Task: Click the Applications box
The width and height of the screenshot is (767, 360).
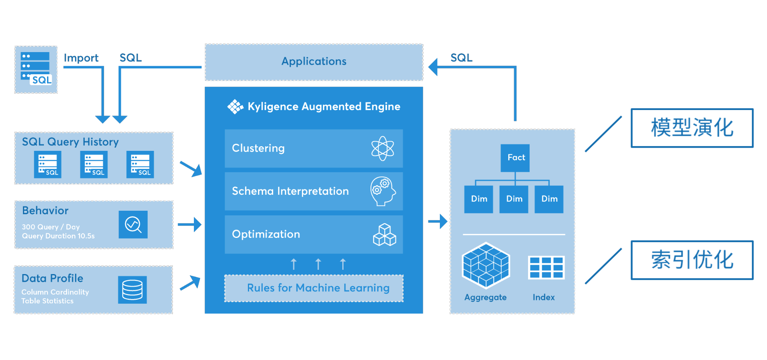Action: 314,62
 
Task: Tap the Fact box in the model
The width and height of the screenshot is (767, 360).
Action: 515,158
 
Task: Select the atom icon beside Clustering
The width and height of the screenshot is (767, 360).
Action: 383,148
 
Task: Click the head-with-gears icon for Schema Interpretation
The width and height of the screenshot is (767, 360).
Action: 383,191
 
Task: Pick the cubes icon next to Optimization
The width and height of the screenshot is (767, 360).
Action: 384,234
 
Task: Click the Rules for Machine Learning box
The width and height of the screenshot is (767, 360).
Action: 314,288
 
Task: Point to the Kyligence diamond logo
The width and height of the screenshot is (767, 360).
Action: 235,107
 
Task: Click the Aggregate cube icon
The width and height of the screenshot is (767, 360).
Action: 486,266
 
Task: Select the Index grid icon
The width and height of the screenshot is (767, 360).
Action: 546,267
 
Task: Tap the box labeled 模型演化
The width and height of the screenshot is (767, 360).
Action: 692,128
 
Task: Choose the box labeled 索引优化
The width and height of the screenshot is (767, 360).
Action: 692,260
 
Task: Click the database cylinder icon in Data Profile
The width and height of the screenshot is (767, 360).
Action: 132,290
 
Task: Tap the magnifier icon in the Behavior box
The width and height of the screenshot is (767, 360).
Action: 133,224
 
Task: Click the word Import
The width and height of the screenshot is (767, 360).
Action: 81,58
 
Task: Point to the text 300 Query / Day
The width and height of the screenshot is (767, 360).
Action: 51,227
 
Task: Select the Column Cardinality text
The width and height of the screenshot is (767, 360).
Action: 55,292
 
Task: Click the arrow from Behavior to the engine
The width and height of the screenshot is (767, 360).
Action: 190,224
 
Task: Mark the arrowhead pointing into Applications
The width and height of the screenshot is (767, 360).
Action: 433,67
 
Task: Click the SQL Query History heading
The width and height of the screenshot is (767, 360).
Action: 70,142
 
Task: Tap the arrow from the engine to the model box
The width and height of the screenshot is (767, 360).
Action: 438,222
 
